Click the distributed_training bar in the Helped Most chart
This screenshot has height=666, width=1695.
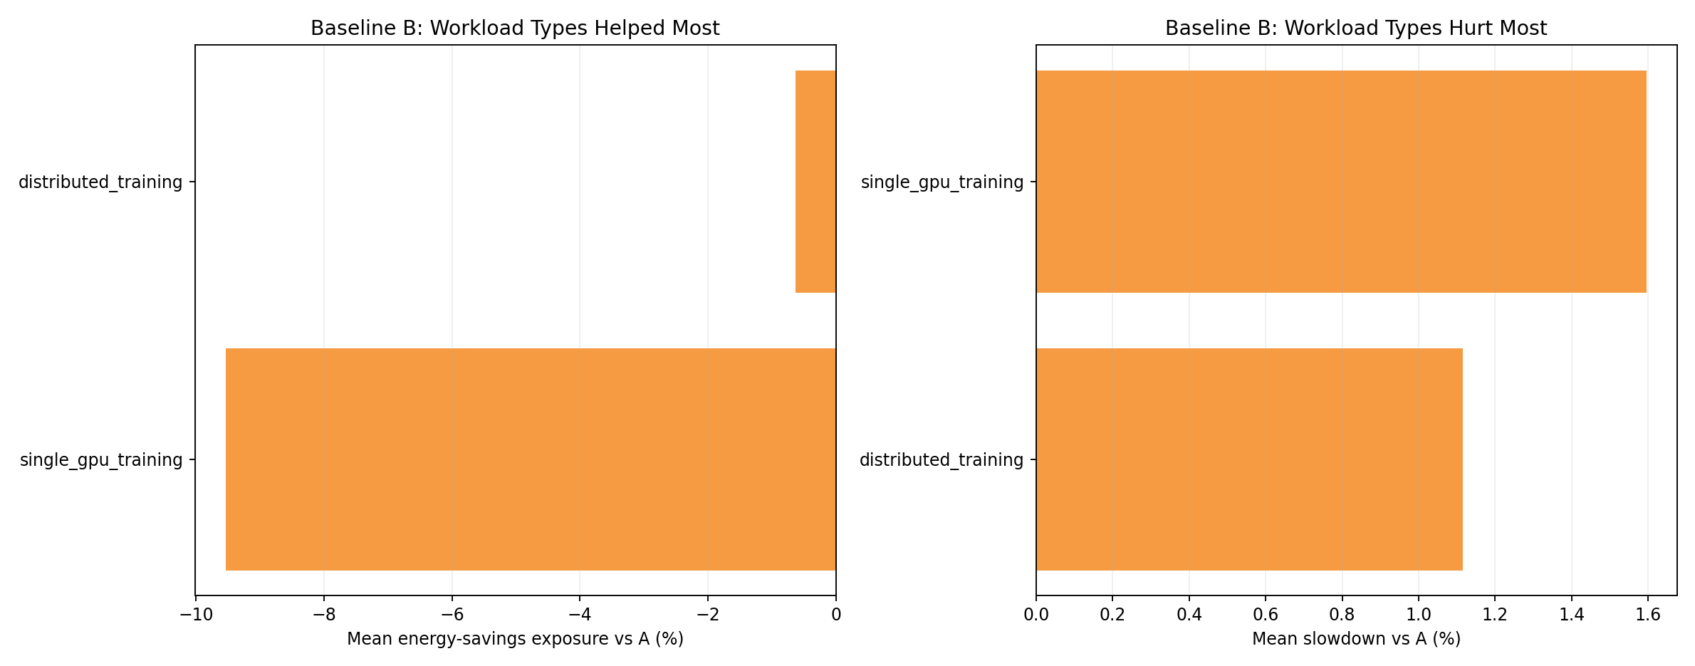(x=815, y=182)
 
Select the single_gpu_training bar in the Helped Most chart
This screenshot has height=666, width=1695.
(x=531, y=459)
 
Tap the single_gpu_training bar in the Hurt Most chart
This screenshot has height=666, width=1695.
(x=1341, y=182)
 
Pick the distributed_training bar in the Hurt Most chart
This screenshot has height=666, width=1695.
(x=1249, y=459)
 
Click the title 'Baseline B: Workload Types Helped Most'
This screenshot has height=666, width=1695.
(x=515, y=28)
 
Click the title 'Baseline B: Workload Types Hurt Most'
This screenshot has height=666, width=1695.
(x=1356, y=28)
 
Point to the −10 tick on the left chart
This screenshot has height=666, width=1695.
(x=195, y=615)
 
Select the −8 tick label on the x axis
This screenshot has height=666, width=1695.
(x=323, y=615)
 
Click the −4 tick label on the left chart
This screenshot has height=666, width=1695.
(x=579, y=615)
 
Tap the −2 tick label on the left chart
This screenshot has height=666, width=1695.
(x=707, y=615)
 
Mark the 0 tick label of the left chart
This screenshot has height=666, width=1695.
(x=836, y=615)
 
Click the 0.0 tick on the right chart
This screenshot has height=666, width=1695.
(x=1036, y=615)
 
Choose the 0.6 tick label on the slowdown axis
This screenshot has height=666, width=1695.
(x=1266, y=615)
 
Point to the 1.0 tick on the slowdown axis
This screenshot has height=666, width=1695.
(x=1419, y=615)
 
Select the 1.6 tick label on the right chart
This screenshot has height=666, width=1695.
(x=1648, y=615)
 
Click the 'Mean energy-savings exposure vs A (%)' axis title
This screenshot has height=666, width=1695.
(x=515, y=639)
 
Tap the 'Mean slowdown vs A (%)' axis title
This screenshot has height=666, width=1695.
(x=1356, y=639)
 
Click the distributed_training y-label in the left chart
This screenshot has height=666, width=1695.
(x=100, y=182)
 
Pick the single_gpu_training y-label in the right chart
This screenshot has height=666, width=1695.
(x=942, y=182)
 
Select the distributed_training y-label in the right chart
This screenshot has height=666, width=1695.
(x=942, y=460)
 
